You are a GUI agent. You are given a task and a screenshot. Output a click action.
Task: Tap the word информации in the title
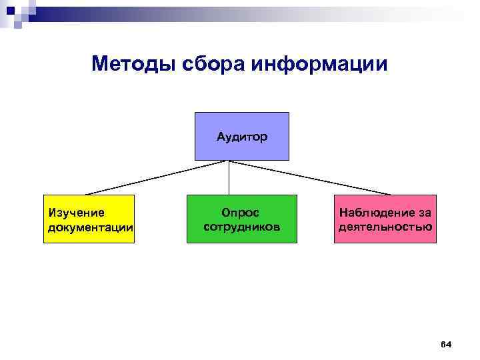(320, 65)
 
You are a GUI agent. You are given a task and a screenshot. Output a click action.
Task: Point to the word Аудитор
(241, 137)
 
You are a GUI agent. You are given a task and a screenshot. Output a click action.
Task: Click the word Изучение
(77, 213)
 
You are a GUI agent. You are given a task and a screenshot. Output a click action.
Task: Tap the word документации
(91, 227)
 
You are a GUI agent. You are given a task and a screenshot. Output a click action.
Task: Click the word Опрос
(241, 212)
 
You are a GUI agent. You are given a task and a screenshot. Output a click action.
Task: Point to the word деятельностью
(385, 227)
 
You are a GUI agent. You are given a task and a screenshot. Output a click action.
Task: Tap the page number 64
(446, 344)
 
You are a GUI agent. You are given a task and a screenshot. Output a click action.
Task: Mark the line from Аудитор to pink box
(307, 177)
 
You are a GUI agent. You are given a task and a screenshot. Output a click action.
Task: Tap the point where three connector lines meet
(229, 161)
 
